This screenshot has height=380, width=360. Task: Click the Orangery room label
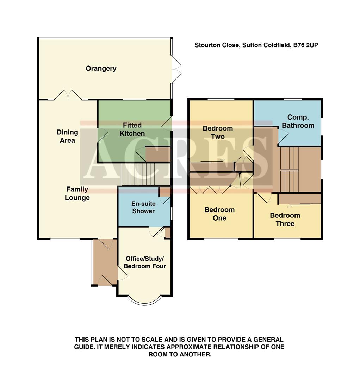coord(101,69)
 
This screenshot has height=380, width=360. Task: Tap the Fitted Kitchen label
coord(132,129)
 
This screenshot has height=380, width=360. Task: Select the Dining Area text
coord(67,136)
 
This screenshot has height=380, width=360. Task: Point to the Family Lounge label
coord(77,194)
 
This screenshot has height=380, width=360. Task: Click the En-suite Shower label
coord(143,207)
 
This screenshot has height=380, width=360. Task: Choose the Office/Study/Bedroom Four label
coord(145,262)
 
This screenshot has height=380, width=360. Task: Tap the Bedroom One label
coord(219,214)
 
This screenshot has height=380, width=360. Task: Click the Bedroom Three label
coord(285,219)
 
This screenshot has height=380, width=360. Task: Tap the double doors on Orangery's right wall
coord(176,69)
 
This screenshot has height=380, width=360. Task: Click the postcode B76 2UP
coord(306,45)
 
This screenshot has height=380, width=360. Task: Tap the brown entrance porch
coord(105,262)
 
